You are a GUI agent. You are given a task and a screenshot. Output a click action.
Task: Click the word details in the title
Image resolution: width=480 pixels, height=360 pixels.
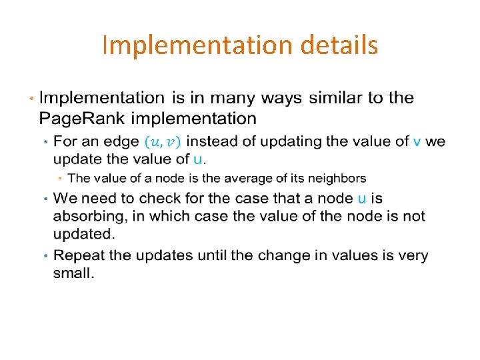coord(339,46)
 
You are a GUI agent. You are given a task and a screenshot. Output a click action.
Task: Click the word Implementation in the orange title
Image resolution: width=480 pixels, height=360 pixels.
coord(197,46)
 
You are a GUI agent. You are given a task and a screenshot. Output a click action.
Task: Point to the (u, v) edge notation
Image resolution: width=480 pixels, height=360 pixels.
coord(163,142)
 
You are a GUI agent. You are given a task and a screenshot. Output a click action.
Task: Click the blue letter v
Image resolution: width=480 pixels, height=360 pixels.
coord(417,141)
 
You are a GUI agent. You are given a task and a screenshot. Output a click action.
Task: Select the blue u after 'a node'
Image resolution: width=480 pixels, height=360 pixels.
coord(361,198)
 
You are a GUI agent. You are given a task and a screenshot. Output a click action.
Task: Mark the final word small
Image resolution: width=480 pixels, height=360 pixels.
coord(73,274)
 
